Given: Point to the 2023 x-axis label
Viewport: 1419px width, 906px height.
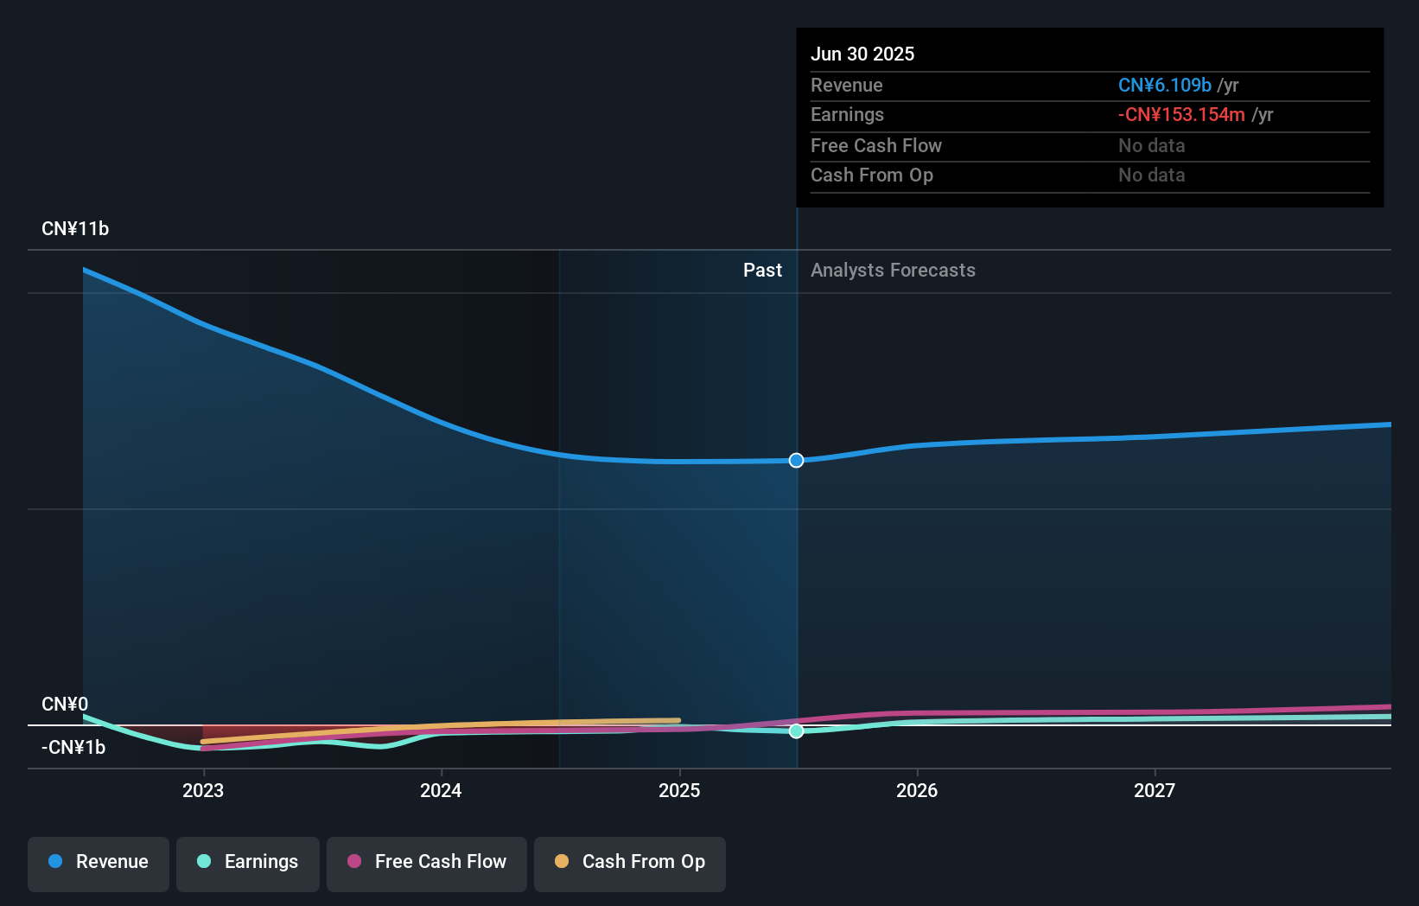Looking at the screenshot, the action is tap(203, 791).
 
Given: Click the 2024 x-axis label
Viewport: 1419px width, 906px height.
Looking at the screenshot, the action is tap(441, 791).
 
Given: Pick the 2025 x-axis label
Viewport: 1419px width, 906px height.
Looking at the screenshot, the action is tap(679, 791).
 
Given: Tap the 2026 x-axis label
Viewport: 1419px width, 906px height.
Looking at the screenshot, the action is tap(917, 791).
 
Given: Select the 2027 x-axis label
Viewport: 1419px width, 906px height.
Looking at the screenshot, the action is tap(1155, 791).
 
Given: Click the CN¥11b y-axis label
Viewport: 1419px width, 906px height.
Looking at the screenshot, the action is tap(75, 229).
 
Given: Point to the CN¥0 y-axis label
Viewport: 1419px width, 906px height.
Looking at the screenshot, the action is tap(65, 704).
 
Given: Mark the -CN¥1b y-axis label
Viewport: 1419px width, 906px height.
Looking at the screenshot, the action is tap(73, 748).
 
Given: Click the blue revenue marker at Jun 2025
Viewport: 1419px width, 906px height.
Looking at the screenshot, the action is tap(796, 461).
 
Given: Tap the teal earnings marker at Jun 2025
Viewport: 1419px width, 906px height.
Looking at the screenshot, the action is tap(796, 731).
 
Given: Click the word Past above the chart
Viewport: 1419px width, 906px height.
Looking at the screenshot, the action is tap(763, 271).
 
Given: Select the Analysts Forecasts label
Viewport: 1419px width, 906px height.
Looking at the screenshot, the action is tap(894, 271).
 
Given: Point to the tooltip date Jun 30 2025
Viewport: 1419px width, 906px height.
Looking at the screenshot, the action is tap(862, 54).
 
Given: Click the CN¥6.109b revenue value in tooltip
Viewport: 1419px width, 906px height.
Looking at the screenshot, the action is tap(1165, 85).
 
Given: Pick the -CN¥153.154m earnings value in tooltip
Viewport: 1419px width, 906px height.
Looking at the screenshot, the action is tap(1181, 115).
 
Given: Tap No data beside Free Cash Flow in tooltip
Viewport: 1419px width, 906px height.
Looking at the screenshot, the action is tap(1152, 146).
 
